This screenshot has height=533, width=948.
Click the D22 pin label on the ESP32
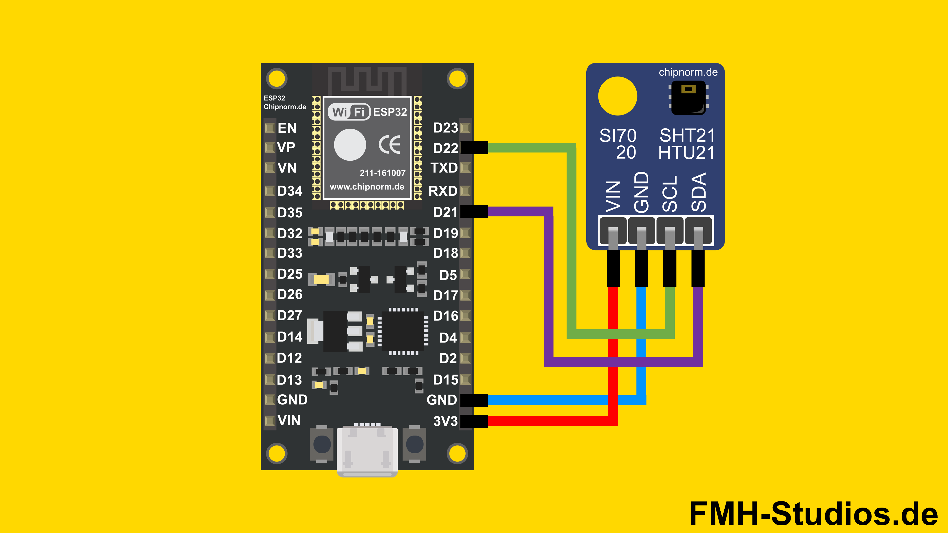pyautogui.click(x=445, y=148)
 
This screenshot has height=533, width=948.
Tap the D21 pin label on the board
pyautogui.click(x=445, y=212)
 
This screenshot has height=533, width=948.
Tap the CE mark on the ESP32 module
pyautogui.click(x=389, y=145)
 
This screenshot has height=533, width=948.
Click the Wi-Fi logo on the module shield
pyautogui.click(x=349, y=112)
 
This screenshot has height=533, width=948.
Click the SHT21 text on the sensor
pyautogui.click(x=687, y=135)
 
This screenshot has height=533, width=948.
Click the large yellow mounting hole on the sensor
pyautogui.click(x=617, y=96)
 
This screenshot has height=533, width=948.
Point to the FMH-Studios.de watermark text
pyautogui.click(x=813, y=514)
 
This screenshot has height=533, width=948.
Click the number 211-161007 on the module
pyautogui.click(x=382, y=173)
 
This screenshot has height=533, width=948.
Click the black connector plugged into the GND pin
pyautogui.click(x=474, y=400)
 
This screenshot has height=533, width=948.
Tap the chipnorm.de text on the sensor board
pyautogui.click(x=688, y=72)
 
